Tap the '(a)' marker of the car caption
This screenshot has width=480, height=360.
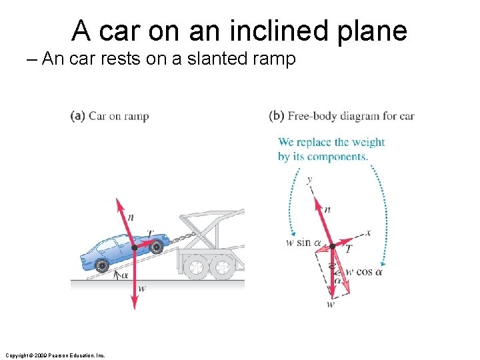click(x=77, y=116)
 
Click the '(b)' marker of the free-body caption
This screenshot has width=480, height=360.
click(x=277, y=116)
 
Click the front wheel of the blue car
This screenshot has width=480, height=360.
click(x=156, y=247)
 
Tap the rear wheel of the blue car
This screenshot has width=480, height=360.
click(x=101, y=266)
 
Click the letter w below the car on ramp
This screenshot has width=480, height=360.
click(x=141, y=288)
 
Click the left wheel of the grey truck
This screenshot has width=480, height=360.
click(x=196, y=267)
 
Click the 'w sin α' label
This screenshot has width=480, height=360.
click(x=299, y=243)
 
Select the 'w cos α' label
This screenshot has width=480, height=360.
click(x=364, y=271)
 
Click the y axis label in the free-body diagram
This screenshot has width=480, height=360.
click(x=309, y=179)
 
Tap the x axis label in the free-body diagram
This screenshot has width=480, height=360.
click(x=367, y=233)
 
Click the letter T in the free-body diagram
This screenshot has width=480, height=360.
click(x=348, y=249)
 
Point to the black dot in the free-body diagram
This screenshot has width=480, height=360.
click(x=332, y=246)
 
